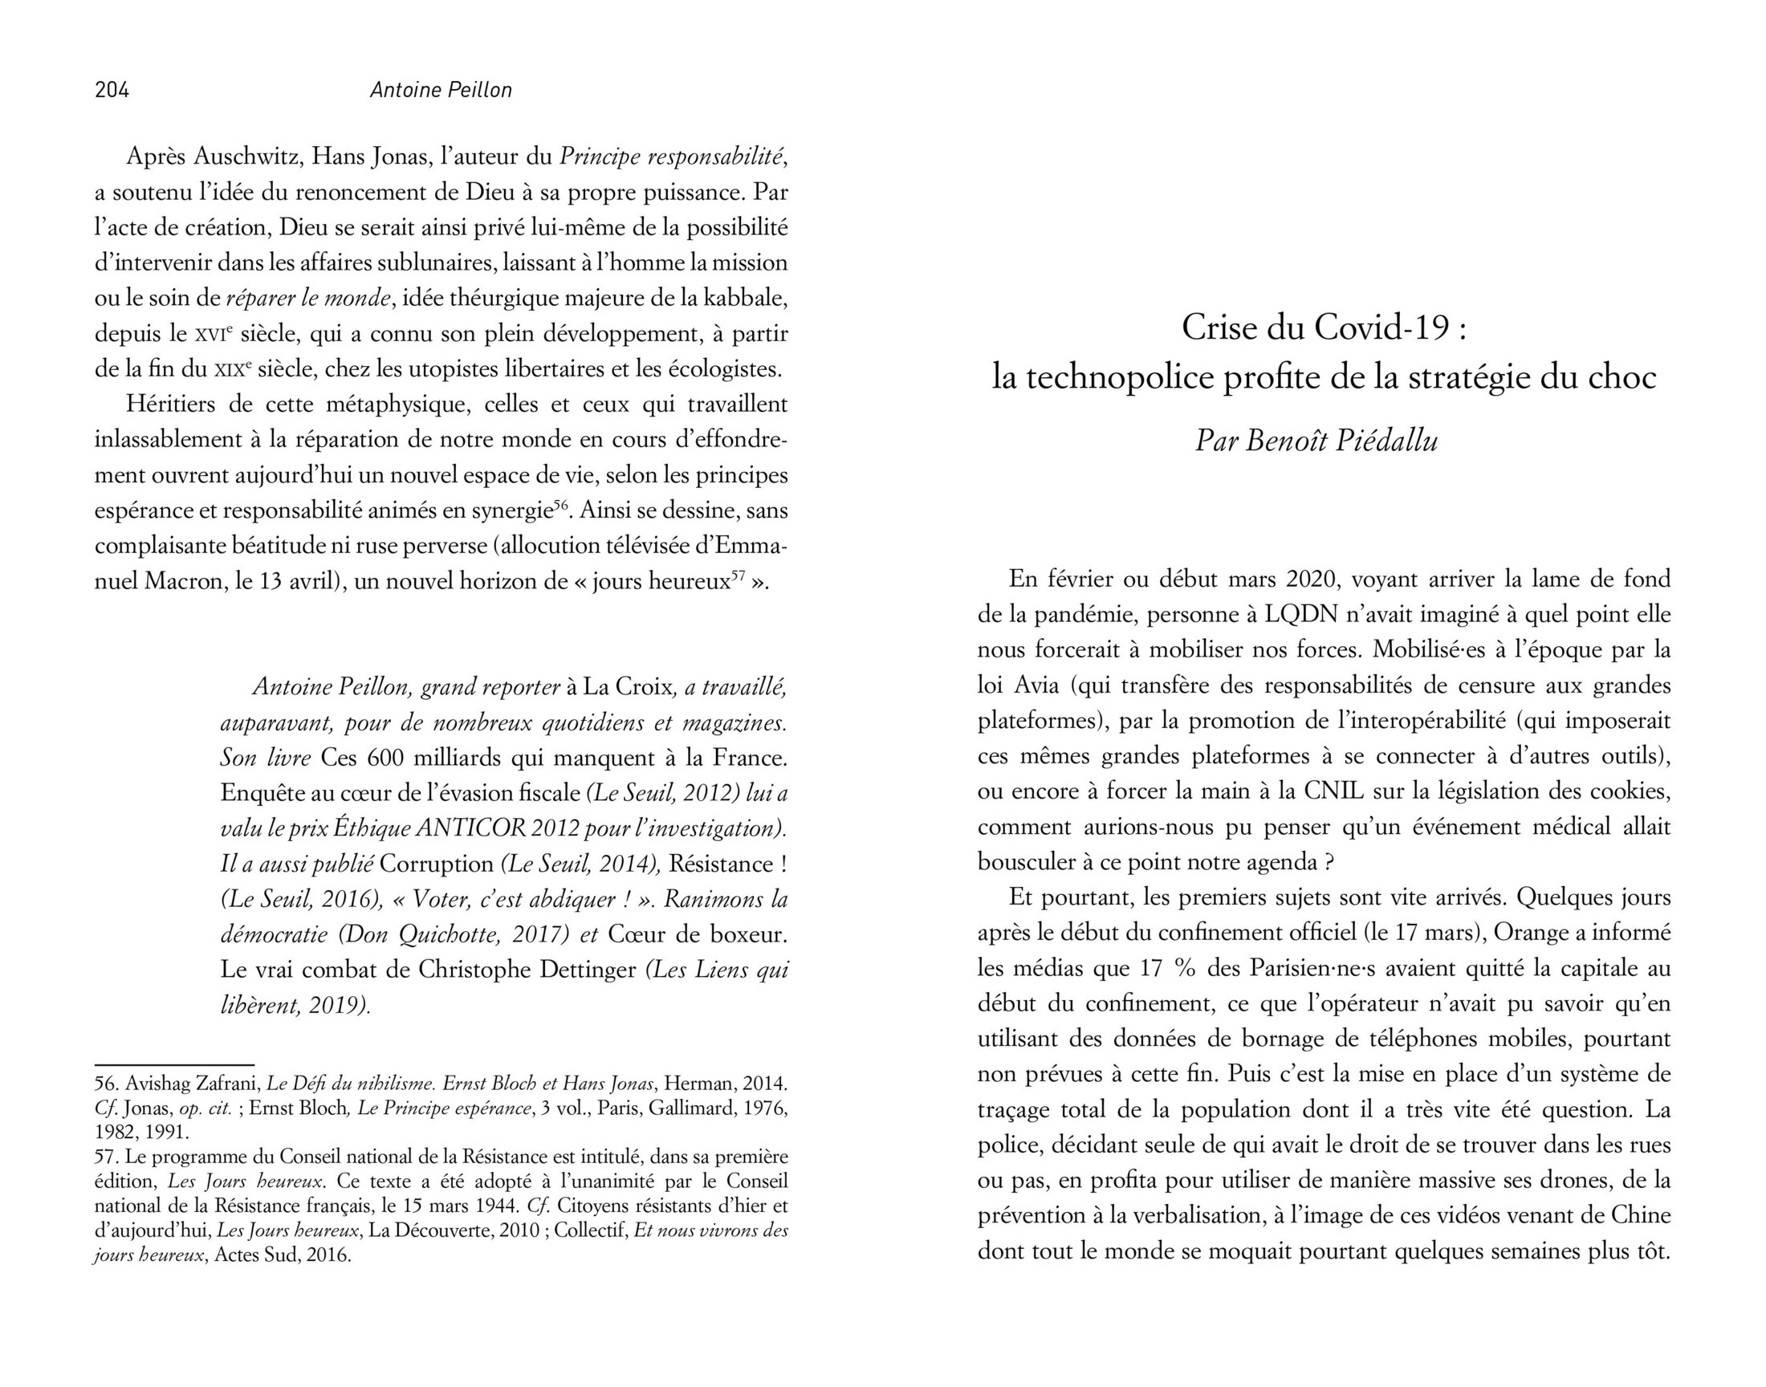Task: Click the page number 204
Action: [112, 89]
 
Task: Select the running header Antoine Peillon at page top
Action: [441, 89]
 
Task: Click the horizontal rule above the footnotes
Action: [174, 1064]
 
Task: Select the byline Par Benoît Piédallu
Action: [1316, 440]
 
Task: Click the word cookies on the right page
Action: [1620, 791]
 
